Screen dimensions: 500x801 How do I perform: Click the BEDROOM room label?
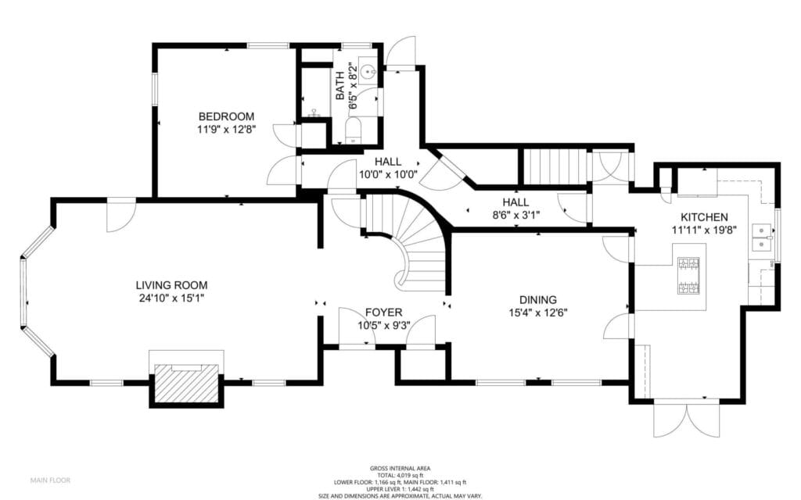point(225,116)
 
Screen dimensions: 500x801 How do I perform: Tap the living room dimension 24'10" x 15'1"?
point(171,298)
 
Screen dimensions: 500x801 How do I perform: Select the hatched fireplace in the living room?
point(185,383)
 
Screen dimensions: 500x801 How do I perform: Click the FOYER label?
point(384,312)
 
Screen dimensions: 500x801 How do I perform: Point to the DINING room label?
point(537,299)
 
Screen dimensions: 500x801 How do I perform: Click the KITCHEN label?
point(704,216)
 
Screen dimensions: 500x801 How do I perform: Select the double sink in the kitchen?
point(761,237)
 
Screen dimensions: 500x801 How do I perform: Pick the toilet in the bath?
point(353,130)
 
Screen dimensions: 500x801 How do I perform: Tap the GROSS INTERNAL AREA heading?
point(400,468)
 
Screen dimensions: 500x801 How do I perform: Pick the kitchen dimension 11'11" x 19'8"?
point(704,230)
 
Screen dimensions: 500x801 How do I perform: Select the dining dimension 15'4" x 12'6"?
point(537,312)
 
